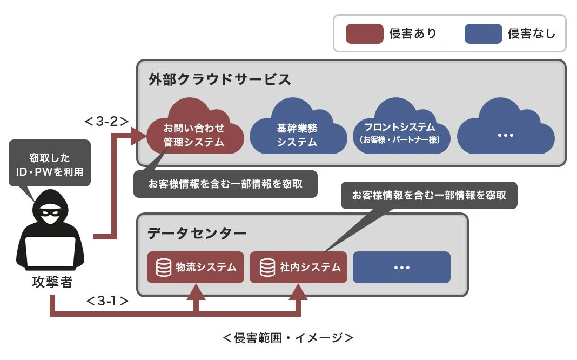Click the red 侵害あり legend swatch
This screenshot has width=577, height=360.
pos(365,34)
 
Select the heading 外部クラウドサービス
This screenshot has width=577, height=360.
pos(220,79)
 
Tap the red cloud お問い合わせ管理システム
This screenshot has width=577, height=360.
pos(194,132)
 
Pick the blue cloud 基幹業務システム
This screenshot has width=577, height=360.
pos(297,132)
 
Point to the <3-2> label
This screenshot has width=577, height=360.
pos(106,121)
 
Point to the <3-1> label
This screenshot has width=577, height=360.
pos(106,301)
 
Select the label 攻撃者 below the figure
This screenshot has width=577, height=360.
pos(51,282)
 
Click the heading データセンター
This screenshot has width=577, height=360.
pos(197,234)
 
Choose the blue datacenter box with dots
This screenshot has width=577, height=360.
pos(401,267)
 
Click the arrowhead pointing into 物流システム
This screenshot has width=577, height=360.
pos(195,292)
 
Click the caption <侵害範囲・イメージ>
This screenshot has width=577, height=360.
pos(288,338)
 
